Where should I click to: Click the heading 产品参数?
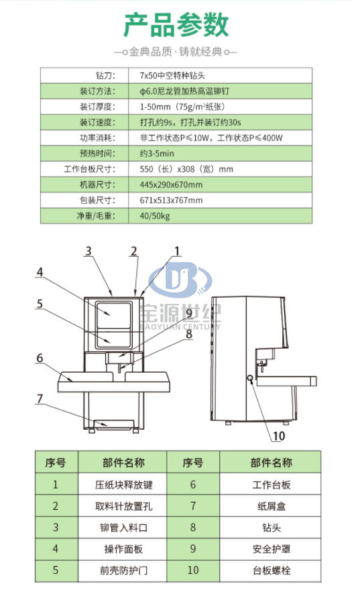176,25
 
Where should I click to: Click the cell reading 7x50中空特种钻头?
172,76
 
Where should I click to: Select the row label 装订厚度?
97,107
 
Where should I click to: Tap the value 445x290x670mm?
171,185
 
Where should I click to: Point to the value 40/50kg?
155,216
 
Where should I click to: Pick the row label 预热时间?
97,154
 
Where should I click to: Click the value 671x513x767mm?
171,200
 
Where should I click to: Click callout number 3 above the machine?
88,251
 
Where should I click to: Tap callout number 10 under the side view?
278,436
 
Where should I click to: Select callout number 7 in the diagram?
40,398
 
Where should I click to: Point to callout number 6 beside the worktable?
40,358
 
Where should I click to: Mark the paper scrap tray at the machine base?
115,424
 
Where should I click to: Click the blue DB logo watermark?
180,280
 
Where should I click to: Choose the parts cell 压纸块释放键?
123,485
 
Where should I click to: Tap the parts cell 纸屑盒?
272,506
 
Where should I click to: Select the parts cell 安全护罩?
272,549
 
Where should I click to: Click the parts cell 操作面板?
123,549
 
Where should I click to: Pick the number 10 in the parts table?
193,571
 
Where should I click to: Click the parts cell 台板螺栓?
272,571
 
